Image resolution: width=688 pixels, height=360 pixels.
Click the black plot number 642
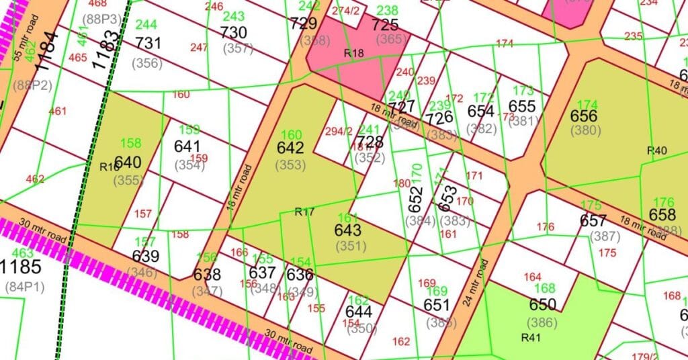tap(290, 148)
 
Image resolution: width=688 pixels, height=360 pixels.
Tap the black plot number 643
tap(347, 230)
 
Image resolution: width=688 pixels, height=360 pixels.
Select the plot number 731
tap(148, 43)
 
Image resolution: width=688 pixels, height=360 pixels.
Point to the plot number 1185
tap(21, 267)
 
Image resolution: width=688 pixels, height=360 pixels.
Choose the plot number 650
tap(543, 306)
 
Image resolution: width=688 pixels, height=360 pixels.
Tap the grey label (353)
tap(290, 164)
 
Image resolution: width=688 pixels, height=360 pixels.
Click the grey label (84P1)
tap(22, 286)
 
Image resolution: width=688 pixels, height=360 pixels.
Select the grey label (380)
tap(585, 131)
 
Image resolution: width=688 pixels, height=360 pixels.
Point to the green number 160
tap(292, 134)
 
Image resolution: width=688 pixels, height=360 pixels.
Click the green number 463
tap(23, 253)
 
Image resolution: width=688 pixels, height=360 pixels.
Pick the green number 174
tap(587, 104)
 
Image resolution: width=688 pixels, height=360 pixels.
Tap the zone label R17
tap(304, 212)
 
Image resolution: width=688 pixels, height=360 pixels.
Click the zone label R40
tap(656, 150)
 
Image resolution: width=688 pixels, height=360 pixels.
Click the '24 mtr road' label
tap(476, 282)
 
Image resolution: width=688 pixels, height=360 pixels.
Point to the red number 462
tap(34, 179)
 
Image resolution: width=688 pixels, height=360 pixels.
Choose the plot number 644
tap(358, 312)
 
